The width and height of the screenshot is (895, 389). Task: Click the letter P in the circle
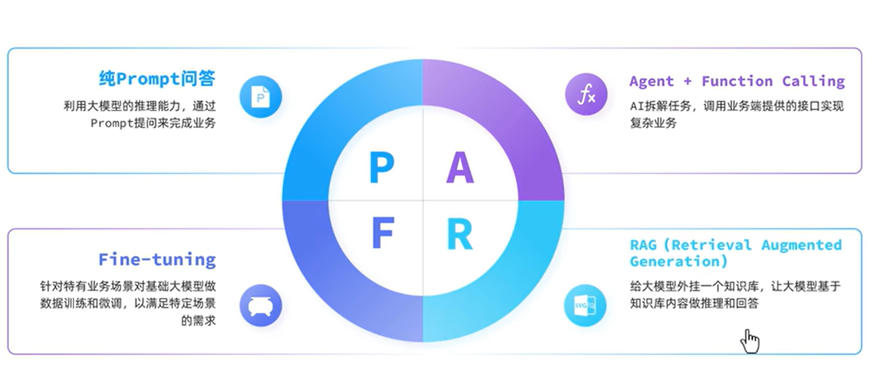click(x=382, y=168)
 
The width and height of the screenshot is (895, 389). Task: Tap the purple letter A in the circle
click(x=459, y=168)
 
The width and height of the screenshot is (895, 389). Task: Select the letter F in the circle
click(x=383, y=235)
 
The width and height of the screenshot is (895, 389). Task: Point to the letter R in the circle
click(x=459, y=235)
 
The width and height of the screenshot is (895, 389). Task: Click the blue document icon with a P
click(x=261, y=96)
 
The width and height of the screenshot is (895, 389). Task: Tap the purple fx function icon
click(x=586, y=96)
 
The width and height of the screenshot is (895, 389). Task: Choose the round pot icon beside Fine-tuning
click(x=261, y=306)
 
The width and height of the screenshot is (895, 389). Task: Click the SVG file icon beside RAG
click(x=585, y=306)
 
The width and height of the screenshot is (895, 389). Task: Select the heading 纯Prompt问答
click(x=157, y=79)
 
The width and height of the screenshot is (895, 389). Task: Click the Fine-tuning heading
click(x=157, y=259)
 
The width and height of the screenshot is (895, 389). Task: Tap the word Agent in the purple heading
click(x=651, y=81)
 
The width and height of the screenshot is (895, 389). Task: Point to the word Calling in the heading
click(x=813, y=81)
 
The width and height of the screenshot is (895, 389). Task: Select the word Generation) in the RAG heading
click(x=678, y=261)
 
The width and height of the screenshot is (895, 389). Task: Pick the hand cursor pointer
click(x=751, y=341)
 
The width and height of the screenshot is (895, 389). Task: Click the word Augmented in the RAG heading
click(x=802, y=245)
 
